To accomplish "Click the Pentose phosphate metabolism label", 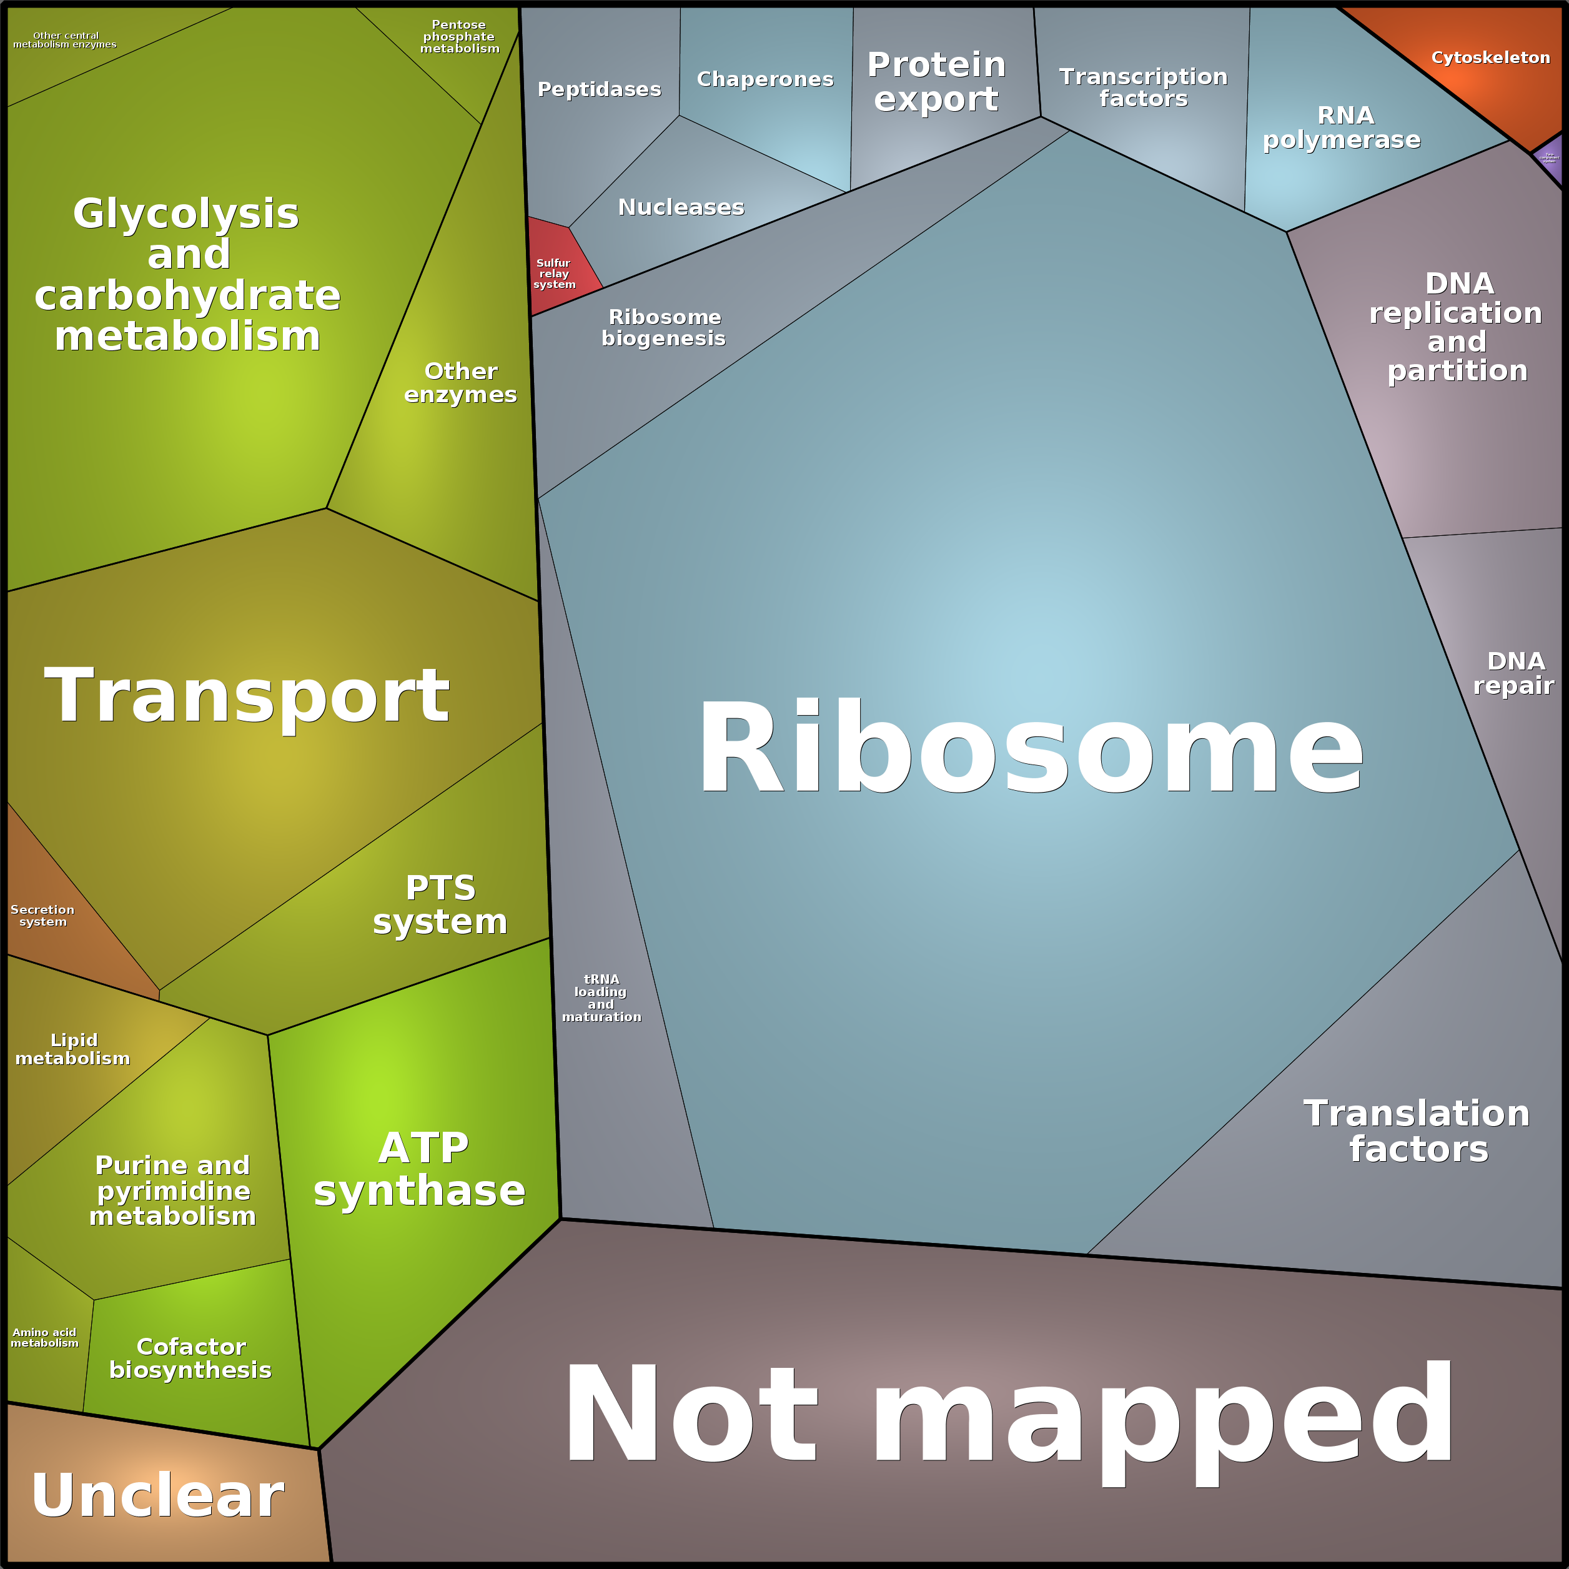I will point(460,37).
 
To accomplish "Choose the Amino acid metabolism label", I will point(45,1337).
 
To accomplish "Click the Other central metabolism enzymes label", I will point(65,40).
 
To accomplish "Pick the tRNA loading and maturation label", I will point(601,998).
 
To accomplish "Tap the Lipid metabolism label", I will point(73,1049).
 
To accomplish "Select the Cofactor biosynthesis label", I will point(191,1358).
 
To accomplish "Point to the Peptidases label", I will point(600,89).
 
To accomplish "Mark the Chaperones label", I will point(765,79).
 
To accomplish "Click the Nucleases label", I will point(681,207).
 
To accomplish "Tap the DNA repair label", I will point(1515,673).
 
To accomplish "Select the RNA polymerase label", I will point(1342,127).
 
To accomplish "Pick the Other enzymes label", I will point(460,382).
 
